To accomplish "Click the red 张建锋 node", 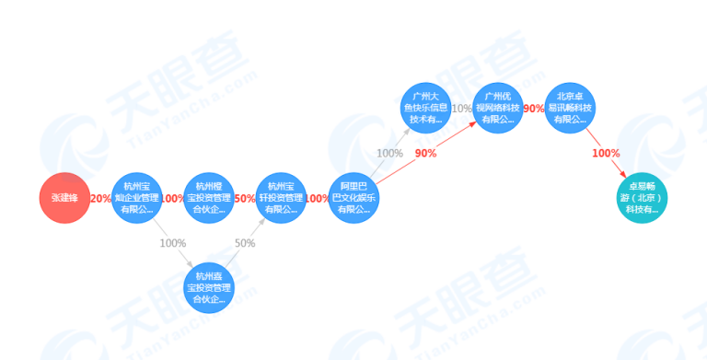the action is point(64,198).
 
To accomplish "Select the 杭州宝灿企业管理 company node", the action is point(136,198).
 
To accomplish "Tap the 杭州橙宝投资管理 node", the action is point(208,198).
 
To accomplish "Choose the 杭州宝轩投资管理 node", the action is point(280,198).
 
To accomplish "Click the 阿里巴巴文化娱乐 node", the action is point(353,198).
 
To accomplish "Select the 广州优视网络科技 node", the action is point(499,108).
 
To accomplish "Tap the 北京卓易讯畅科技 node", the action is point(571,108).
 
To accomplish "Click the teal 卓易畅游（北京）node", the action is point(643,198).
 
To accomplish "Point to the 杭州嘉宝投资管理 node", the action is point(208,286).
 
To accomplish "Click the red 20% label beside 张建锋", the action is point(100,199).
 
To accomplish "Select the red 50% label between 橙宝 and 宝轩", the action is point(245,199).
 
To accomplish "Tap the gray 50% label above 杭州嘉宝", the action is point(245,243).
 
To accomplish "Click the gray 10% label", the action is point(462,109).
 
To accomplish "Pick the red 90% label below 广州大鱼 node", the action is point(425,153).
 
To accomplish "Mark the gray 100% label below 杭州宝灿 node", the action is point(172,243).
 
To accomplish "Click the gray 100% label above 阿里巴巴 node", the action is point(389,153).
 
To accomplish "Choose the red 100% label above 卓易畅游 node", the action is point(606,153).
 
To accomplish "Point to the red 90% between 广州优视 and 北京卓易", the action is point(534,109).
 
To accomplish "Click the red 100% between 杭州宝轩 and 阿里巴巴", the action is point(317,199).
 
